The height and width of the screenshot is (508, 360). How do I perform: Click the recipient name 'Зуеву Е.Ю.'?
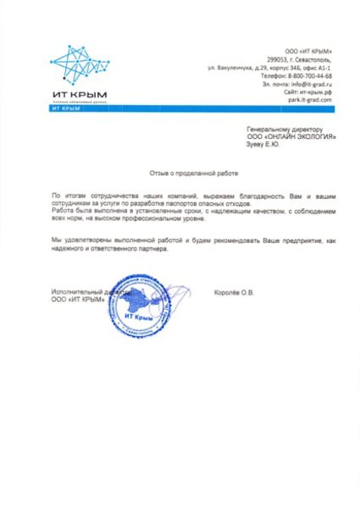pyautogui.click(x=261, y=145)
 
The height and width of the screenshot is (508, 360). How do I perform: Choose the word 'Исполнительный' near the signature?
pyautogui.click(x=74, y=293)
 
